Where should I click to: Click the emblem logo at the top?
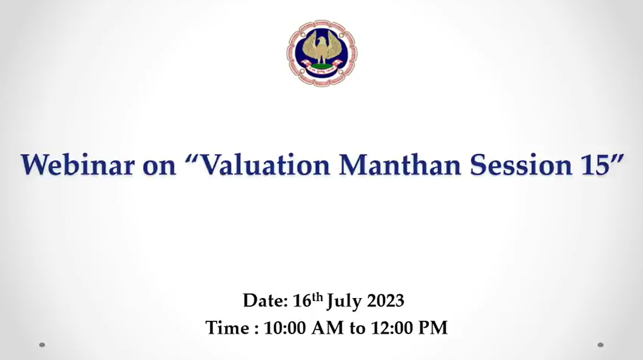pyautogui.click(x=322, y=53)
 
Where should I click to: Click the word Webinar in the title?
pyautogui.click(x=78, y=164)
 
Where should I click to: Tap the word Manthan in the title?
pyautogui.click(x=400, y=164)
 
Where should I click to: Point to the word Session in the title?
pyautogui.click(x=521, y=164)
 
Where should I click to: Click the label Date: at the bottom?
pyautogui.click(x=266, y=301)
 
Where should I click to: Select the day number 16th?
pyautogui.click(x=308, y=300)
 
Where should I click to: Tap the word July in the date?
pyautogui.click(x=345, y=302)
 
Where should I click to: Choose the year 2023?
pyautogui.click(x=386, y=301)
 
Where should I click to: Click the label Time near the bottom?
pyautogui.click(x=228, y=328)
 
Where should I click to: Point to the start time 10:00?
pyautogui.click(x=285, y=328)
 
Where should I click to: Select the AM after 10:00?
pyautogui.click(x=328, y=328)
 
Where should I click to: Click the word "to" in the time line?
pyautogui.click(x=357, y=329)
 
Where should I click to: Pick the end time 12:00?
pyautogui.click(x=391, y=328)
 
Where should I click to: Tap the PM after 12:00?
pyautogui.click(x=432, y=328)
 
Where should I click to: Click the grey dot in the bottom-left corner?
pyautogui.click(x=42, y=345)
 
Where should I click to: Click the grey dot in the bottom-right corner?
pyautogui.click(x=601, y=345)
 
